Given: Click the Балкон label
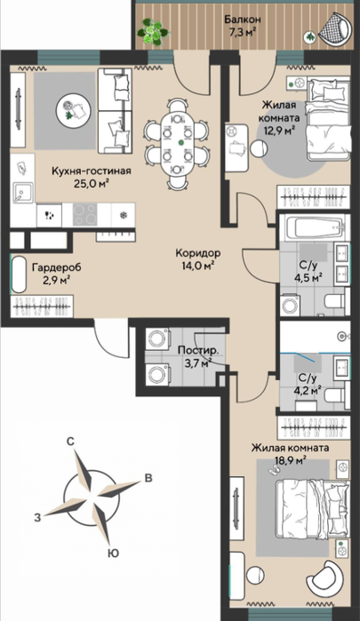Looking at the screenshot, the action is (243, 19).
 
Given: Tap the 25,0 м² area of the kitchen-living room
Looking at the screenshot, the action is (92, 183).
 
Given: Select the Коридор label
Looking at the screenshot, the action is (198, 252).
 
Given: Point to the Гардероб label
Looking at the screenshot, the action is (56, 267).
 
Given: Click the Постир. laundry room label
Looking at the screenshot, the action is (197, 351).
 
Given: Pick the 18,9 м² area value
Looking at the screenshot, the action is (290, 460).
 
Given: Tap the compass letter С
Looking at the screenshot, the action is (70, 442).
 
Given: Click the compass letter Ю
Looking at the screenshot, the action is (114, 553).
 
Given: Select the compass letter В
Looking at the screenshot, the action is (148, 479).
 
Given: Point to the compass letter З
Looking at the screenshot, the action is (37, 517).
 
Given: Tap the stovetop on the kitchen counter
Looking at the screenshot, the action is (84, 215).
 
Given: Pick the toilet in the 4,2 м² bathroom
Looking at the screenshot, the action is (336, 395).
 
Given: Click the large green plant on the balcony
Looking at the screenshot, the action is (153, 31).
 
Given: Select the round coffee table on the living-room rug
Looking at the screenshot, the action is (71, 110).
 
